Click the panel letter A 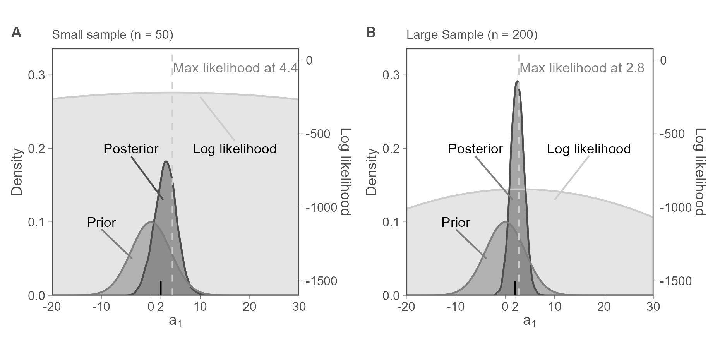16,33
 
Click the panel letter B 370,33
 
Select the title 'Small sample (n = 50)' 112,35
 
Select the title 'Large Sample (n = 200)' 472,35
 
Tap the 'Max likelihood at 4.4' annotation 235,68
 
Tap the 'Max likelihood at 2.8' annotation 582,68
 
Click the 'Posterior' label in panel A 131,149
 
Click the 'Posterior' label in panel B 475,149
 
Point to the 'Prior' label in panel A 101,223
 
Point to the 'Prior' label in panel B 456,223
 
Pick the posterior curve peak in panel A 166,161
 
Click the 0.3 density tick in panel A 36,75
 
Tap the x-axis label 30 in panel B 653,307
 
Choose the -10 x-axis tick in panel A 101,307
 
